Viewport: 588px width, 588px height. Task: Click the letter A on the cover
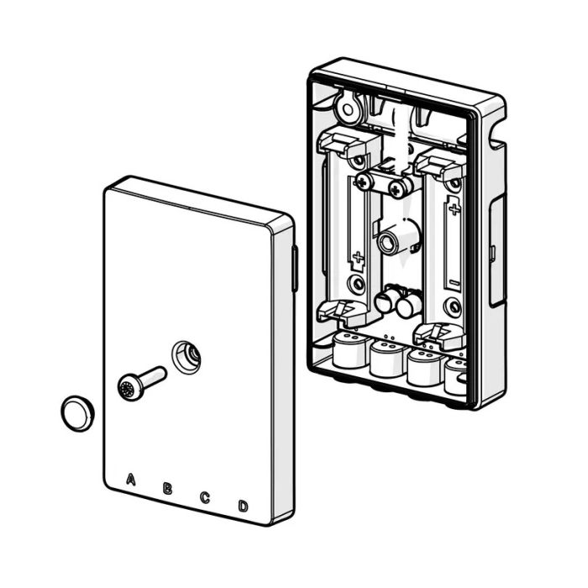[x=130, y=479]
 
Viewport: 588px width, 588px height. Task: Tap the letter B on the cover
[x=167, y=488]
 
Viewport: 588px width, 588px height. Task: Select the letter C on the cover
[x=204, y=497]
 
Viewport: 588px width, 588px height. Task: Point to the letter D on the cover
[x=243, y=507]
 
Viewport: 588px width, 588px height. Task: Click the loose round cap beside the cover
[x=77, y=413]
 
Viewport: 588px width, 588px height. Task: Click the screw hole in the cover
[x=186, y=356]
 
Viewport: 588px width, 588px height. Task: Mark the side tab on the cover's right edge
[x=295, y=268]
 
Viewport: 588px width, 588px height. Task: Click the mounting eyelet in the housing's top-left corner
[x=349, y=109]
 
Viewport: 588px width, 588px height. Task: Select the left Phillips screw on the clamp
[x=362, y=182]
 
